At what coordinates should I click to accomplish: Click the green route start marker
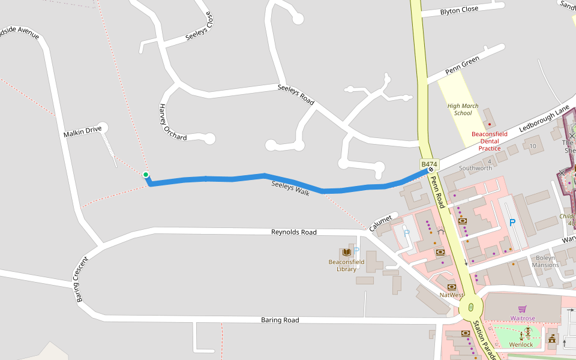(146, 175)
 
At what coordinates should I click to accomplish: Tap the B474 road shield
(429, 164)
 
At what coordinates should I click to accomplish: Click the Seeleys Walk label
(290, 188)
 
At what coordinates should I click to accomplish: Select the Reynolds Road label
(293, 232)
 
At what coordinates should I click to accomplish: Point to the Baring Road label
(280, 320)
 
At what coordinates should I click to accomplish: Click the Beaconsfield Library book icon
(346, 252)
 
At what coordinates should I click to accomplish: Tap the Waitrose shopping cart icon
(522, 309)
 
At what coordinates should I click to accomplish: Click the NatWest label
(451, 295)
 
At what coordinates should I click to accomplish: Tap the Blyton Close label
(459, 10)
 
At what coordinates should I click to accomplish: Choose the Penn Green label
(462, 67)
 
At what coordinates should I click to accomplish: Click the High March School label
(463, 109)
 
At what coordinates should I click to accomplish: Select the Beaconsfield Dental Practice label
(490, 141)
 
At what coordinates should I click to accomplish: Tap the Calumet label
(380, 222)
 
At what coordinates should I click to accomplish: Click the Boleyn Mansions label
(545, 261)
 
